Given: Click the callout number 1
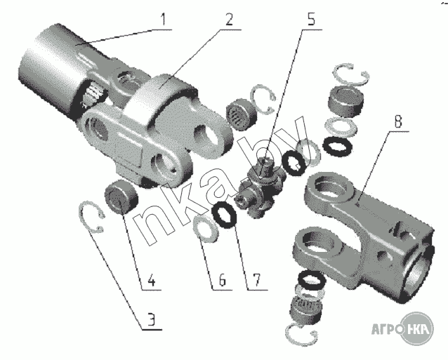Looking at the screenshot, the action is click(163, 20).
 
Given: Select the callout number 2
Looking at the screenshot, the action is click(229, 20).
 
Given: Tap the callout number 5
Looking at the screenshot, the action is click(311, 19).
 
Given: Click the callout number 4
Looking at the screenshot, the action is click(152, 280).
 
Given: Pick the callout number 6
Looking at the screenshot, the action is click(223, 280).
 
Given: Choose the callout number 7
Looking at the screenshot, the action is click(256, 280).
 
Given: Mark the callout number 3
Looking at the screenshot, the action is click(152, 320).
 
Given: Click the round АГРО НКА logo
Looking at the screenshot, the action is click(417, 328).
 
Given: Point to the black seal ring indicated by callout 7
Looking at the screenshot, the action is click(224, 213).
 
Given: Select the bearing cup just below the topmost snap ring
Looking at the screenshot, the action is click(346, 102).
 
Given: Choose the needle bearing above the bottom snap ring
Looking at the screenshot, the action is click(306, 308).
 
